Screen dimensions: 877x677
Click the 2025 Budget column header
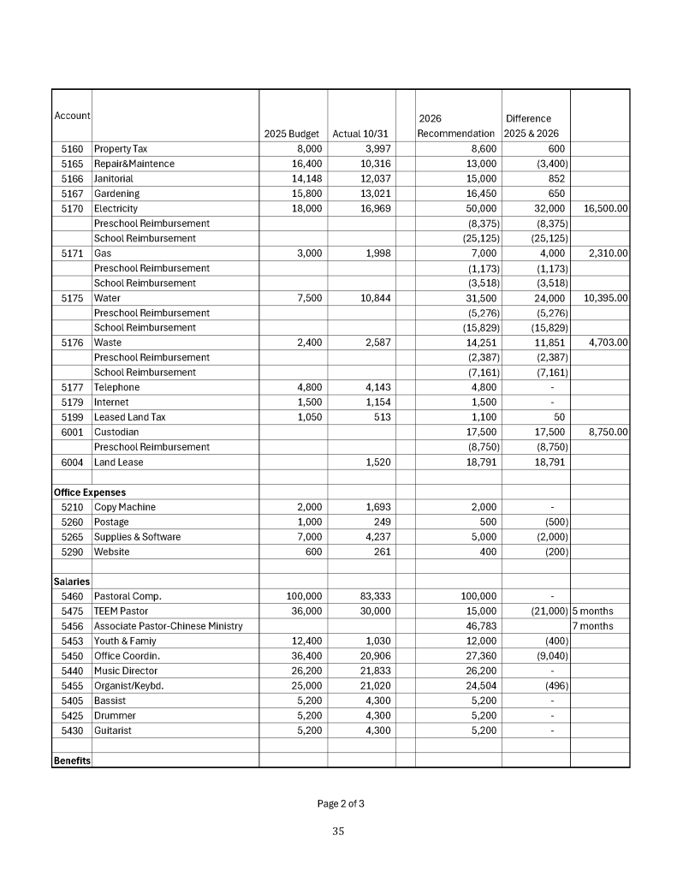(291, 134)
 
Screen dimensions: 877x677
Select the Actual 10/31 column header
(360, 134)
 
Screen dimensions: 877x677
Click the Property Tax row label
(120, 149)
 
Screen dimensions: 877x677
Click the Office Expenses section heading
(89, 492)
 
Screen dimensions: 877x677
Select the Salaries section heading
(72, 582)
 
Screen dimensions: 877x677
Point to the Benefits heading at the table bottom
(72, 761)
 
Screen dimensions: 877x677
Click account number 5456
(72, 626)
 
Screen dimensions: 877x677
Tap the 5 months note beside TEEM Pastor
(592, 612)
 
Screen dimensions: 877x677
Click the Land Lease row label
(118, 462)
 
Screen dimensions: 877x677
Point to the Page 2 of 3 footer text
(341, 803)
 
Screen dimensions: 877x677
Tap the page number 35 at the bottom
(338, 830)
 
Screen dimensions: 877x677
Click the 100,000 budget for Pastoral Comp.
(304, 596)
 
